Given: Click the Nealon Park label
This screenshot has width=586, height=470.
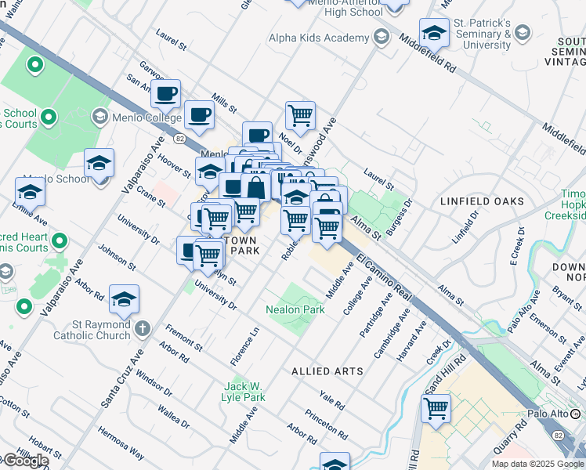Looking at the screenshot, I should point(295,309).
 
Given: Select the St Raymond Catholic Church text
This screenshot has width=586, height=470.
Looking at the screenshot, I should point(92,330).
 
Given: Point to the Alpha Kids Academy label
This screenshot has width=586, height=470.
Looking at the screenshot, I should point(318,38).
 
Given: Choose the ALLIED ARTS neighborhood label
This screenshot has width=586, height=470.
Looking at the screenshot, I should point(327,371).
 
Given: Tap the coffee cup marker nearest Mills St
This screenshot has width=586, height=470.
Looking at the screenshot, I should point(198,115).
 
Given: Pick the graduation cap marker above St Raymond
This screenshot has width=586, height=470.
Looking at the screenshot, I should point(124,300).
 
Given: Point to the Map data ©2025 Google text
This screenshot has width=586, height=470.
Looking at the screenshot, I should point(537,464).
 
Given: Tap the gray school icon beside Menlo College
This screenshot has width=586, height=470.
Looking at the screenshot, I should point(99,117).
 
